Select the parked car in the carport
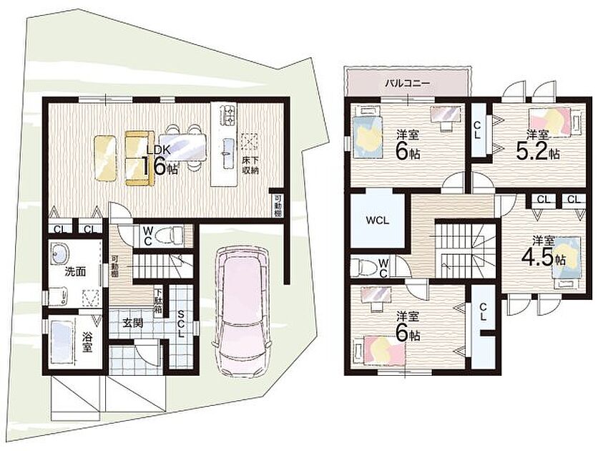242,312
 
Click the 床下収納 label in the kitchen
250,165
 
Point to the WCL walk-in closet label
377,220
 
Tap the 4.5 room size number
537,258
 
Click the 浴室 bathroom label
88,342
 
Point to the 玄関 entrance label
133,323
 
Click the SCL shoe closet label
181,324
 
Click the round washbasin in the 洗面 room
59,253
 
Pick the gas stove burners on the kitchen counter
227,114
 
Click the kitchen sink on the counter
227,153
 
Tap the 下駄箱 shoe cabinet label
158,301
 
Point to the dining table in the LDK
182,147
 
